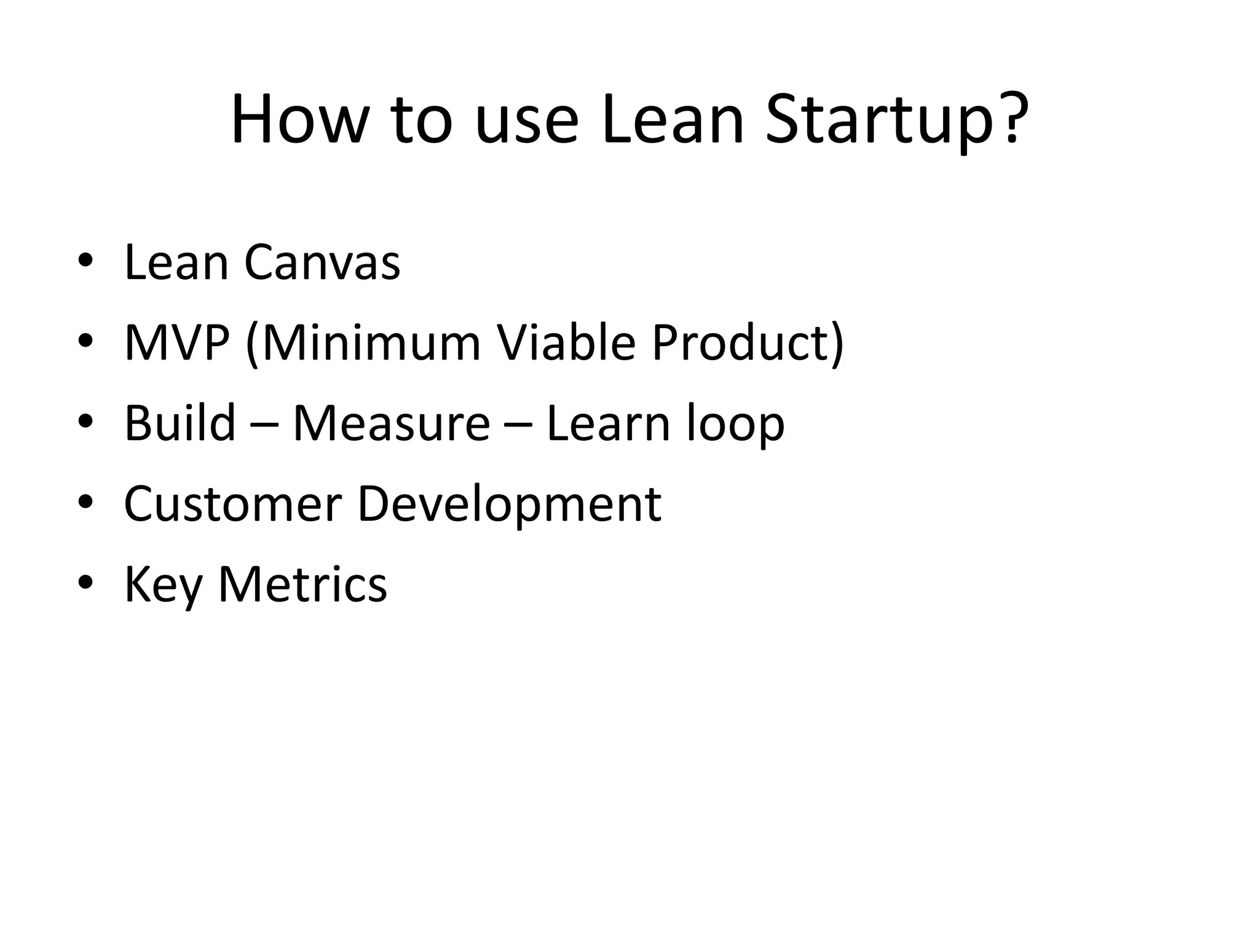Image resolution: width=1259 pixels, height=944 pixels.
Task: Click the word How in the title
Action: pos(299,120)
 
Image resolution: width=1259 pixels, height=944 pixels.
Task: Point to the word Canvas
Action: pos(322,263)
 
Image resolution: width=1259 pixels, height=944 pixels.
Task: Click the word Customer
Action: pos(232,504)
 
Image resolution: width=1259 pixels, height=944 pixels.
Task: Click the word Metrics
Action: pos(302,584)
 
